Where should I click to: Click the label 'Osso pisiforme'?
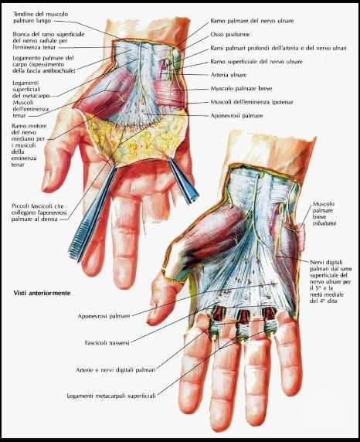click(230, 35)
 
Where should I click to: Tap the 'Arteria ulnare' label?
click(229, 75)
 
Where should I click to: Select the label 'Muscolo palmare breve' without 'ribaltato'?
click(242, 89)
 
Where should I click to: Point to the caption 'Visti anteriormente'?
click(42, 293)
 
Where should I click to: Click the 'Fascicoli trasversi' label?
click(107, 343)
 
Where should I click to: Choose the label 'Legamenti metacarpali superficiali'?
click(111, 396)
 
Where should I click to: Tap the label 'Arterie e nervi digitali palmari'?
click(116, 370)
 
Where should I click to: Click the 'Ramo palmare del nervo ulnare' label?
click(252, 21)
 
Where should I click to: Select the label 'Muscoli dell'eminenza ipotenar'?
click(252, 102)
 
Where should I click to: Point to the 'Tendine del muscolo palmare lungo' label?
click(41, 17)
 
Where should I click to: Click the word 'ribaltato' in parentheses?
click(324, 223)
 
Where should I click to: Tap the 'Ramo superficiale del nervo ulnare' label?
click(256, 62)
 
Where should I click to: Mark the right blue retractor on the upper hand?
click(183, 180)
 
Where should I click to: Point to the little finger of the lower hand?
click(289, 352)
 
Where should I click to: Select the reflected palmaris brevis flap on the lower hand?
click(301, 236)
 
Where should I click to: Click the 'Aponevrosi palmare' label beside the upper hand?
click(236, 116)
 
